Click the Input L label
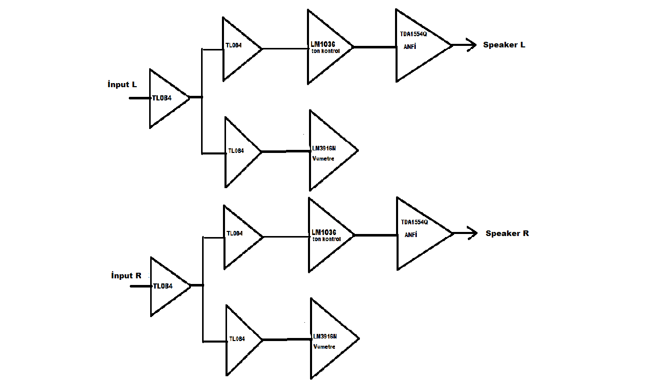122,85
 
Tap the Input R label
126,276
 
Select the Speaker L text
504,45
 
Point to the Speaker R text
507,233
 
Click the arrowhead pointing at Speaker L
470,45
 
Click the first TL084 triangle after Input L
165,98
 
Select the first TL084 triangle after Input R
166,286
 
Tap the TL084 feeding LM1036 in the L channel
238,49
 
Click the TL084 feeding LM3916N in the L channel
239,151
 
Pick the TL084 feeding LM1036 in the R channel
239,237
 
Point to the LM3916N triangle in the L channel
328,150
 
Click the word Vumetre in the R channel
324,347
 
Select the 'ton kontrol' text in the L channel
326,51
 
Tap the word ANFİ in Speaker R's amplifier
411,236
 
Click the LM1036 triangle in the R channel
327,235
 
